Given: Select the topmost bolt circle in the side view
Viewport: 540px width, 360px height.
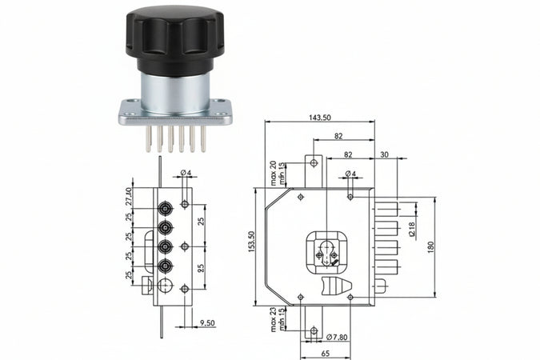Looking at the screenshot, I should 165,207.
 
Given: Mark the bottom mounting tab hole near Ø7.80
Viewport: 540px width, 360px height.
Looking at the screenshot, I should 313,330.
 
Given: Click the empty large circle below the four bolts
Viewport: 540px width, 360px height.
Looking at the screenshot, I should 165,286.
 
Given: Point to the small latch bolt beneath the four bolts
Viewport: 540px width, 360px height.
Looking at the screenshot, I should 146,284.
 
